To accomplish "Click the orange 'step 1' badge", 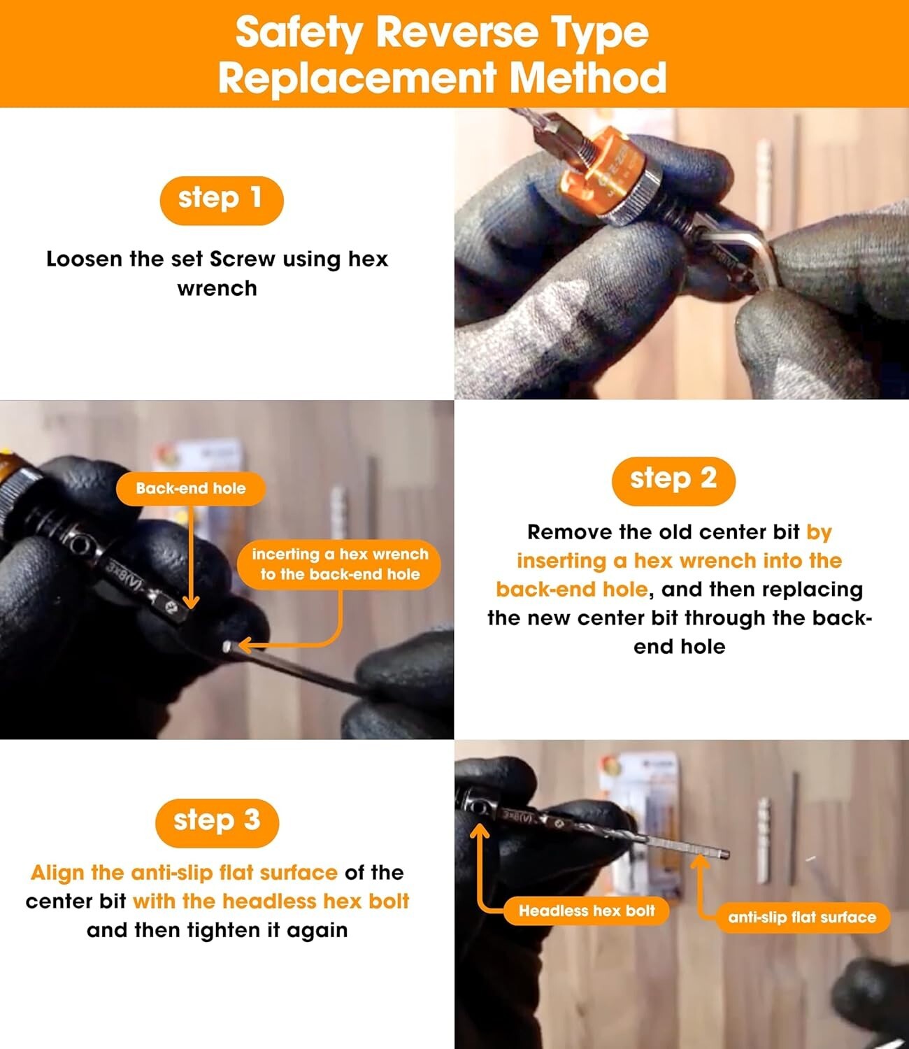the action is pos(221,201).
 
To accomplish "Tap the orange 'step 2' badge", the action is pos(673,481).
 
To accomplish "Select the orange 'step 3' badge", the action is pos(217,822).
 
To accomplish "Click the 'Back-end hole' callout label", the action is pos(191,489).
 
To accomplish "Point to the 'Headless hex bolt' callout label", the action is pos(586,911).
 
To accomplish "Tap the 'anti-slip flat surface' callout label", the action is pos(802,918).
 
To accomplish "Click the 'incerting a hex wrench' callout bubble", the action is pos(340,564).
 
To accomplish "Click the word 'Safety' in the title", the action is pos(299,32).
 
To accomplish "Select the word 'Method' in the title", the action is pos(587,78).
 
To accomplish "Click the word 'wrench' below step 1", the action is pos(217,289).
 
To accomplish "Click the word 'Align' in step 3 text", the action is pos(57,873).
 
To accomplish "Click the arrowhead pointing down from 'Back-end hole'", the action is pos(191,601).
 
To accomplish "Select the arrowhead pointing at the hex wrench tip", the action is pos(245,645).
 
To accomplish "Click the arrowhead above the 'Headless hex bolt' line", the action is pos(480,831).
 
